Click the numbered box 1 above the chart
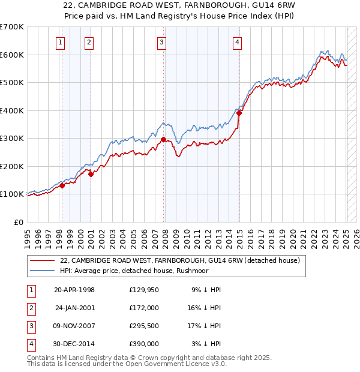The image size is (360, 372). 61,42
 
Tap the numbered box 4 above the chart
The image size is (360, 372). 238,42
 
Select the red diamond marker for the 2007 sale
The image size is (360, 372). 163,139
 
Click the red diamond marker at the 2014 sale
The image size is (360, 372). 239,113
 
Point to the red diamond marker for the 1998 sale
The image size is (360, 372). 62,186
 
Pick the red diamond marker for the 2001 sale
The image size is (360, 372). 91,174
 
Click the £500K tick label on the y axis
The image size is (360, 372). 12,82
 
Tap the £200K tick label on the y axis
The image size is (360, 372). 12,166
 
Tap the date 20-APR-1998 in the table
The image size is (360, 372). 74,290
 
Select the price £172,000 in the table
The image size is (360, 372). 144,307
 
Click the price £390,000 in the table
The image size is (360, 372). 144,344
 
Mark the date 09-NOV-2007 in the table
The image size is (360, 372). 74,326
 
